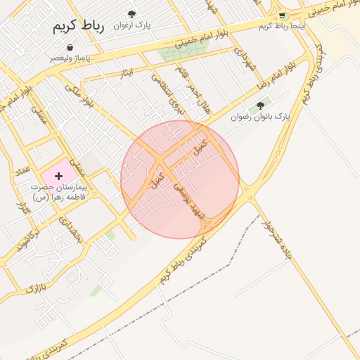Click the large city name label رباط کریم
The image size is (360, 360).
(77, 27)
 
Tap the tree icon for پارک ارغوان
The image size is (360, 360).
(131, 14)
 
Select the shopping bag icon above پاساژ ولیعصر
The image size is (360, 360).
(70, 48)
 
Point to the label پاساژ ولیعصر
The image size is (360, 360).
(70, 58)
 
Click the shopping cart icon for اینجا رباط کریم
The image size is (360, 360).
(282, 15)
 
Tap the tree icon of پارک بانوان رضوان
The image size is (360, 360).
(260, 105)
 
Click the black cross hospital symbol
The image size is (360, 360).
(58, 174)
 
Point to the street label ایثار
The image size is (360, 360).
(127, 72)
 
